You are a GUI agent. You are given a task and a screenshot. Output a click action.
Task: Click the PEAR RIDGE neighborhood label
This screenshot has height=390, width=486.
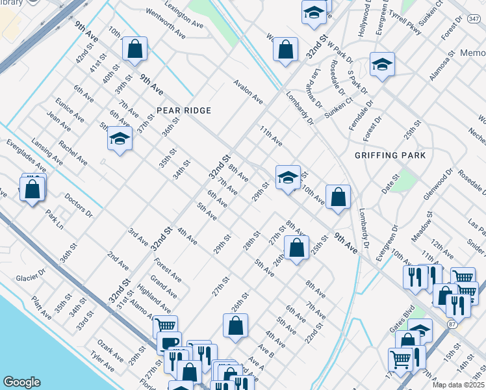point(183,110)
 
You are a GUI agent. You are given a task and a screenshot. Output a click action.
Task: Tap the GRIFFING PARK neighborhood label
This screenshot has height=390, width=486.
point(390,155)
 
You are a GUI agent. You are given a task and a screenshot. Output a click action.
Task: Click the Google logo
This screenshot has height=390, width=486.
point(21,382)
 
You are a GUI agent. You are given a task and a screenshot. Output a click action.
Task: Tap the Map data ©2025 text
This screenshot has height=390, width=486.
point(457,385)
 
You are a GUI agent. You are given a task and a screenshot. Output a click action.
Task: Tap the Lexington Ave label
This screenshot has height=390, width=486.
point(185,14)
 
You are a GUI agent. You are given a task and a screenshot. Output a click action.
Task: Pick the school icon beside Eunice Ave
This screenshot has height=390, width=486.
point(120,139)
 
